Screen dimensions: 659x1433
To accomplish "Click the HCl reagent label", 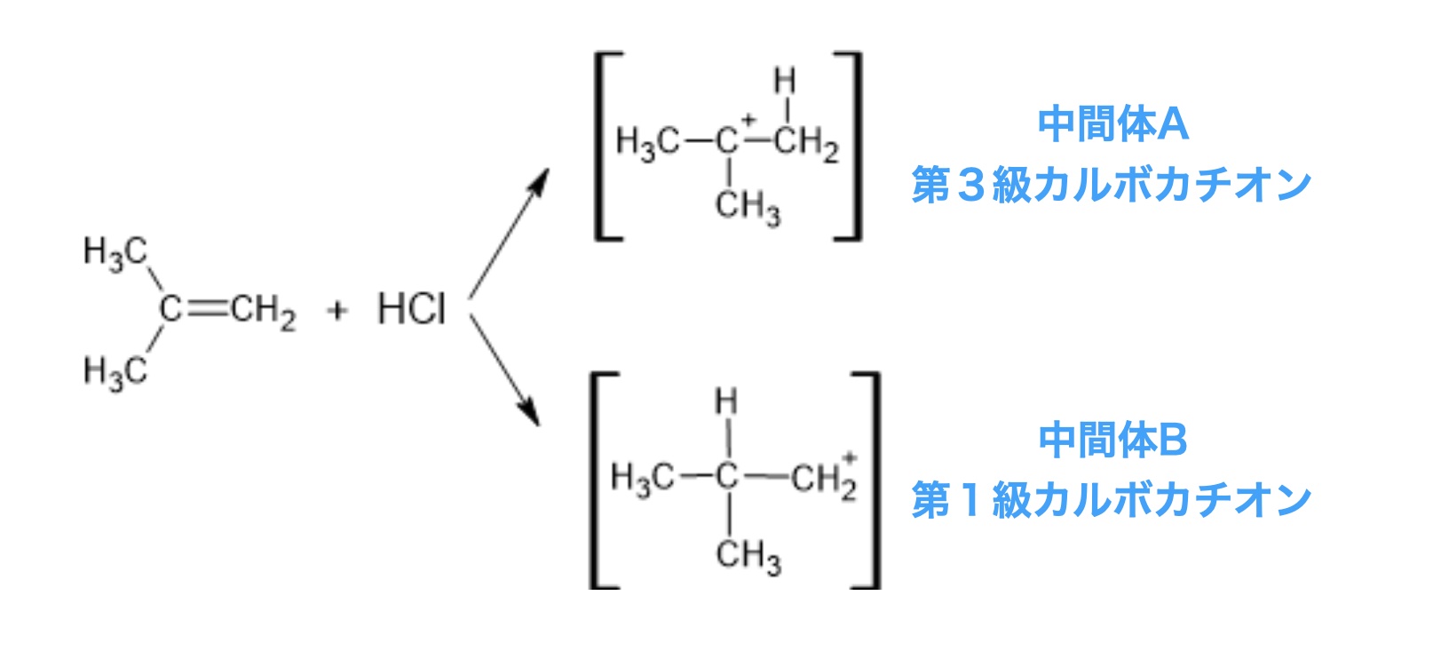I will pos(411,309).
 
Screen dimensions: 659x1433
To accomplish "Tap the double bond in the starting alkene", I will pos(208,308).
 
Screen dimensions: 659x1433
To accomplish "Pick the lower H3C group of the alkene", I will pos(115,369).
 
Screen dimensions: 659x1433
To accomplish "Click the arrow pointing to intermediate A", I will pos(509,233).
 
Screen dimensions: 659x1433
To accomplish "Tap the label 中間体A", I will pos(1112,124).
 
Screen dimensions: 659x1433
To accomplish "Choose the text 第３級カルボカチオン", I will pos(1112,185).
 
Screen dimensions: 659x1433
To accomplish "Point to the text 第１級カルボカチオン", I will pos(1112,500).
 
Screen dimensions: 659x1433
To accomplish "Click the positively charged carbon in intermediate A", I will pos(729,140).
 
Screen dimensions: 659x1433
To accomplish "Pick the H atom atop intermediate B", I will pos(727,401).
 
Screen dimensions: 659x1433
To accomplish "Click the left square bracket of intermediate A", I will pos(604,147).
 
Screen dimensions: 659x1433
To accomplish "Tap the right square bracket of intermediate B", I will pos(870,480).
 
